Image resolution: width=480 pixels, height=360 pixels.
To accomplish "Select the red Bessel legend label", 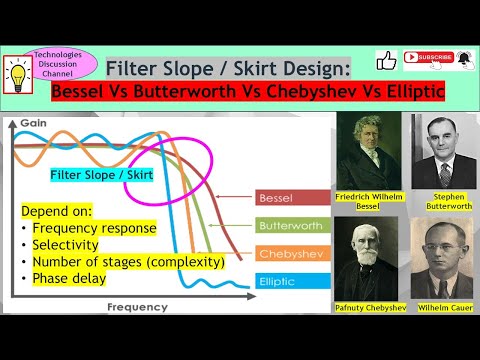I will [277, 197].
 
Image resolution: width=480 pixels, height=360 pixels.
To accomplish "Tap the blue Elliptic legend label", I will [277, 283].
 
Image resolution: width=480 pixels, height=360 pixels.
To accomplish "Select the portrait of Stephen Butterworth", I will [441, 155].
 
